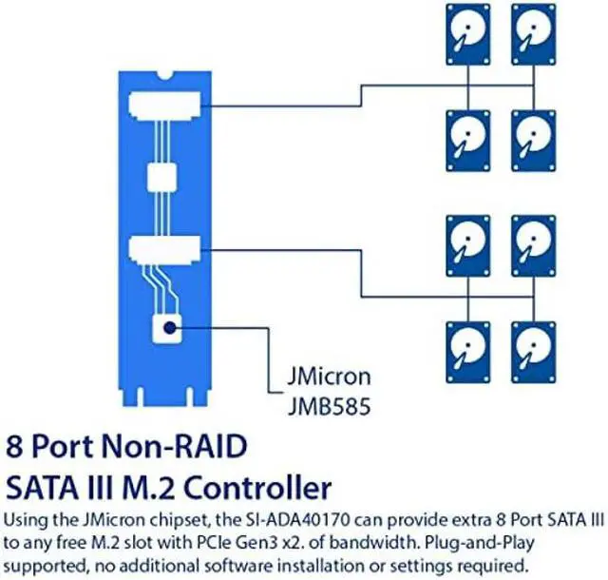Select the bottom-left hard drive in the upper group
pos(467,139)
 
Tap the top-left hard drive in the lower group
pos(467,245)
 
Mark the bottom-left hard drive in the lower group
pos(467,351)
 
